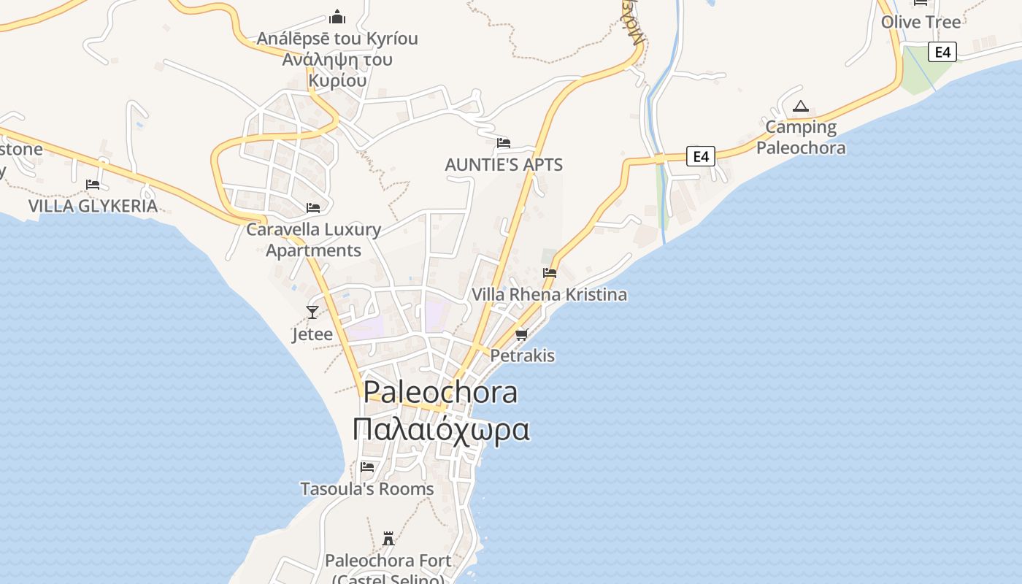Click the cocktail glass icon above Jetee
pos(312,312)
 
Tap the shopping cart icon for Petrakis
pos(521,335)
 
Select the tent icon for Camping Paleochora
pos(801,107)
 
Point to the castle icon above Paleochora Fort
pos(388,539)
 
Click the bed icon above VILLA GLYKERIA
pos(93,185)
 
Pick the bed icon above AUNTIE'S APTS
pos(504,143)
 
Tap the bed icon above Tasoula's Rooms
pos(367,467)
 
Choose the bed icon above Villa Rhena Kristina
pos(550,273)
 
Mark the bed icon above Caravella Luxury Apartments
pos(313,208)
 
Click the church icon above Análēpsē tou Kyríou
pos(337,17)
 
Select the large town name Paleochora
pos(441,393)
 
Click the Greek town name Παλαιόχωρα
pos(441,430)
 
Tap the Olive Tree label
pos(921,22)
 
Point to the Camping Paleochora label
pos(801,137)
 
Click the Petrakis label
pos(523,356)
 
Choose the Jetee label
pos(312,334)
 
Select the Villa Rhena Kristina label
pos(550,295)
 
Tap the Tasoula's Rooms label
pos(367,489)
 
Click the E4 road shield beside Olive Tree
pos(942,52)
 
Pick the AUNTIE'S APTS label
pos(504,165)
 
